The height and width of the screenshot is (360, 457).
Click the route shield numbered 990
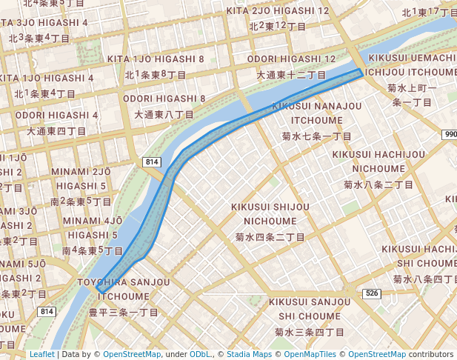coord(450,134)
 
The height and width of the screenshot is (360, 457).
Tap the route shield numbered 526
coord(371,294)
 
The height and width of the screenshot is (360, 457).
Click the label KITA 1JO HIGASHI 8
coord(156,59)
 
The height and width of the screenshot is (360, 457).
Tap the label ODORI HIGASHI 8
coord(164,99)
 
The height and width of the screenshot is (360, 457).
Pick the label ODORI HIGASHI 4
coord(56,115)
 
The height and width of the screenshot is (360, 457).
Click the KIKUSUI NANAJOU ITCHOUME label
coord(316,113)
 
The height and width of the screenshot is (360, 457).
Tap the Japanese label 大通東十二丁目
coord(291,75)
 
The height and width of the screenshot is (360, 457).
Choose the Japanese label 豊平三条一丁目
coord(124,313)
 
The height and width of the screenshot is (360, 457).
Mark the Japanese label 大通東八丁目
coord(164,115)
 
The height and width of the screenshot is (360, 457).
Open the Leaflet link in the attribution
coord(41,354)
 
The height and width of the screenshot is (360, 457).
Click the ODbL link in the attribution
coord(200,354)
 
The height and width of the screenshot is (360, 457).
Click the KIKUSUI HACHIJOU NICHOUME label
coord(378,161)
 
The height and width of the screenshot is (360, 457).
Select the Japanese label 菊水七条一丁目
coord(316,137)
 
